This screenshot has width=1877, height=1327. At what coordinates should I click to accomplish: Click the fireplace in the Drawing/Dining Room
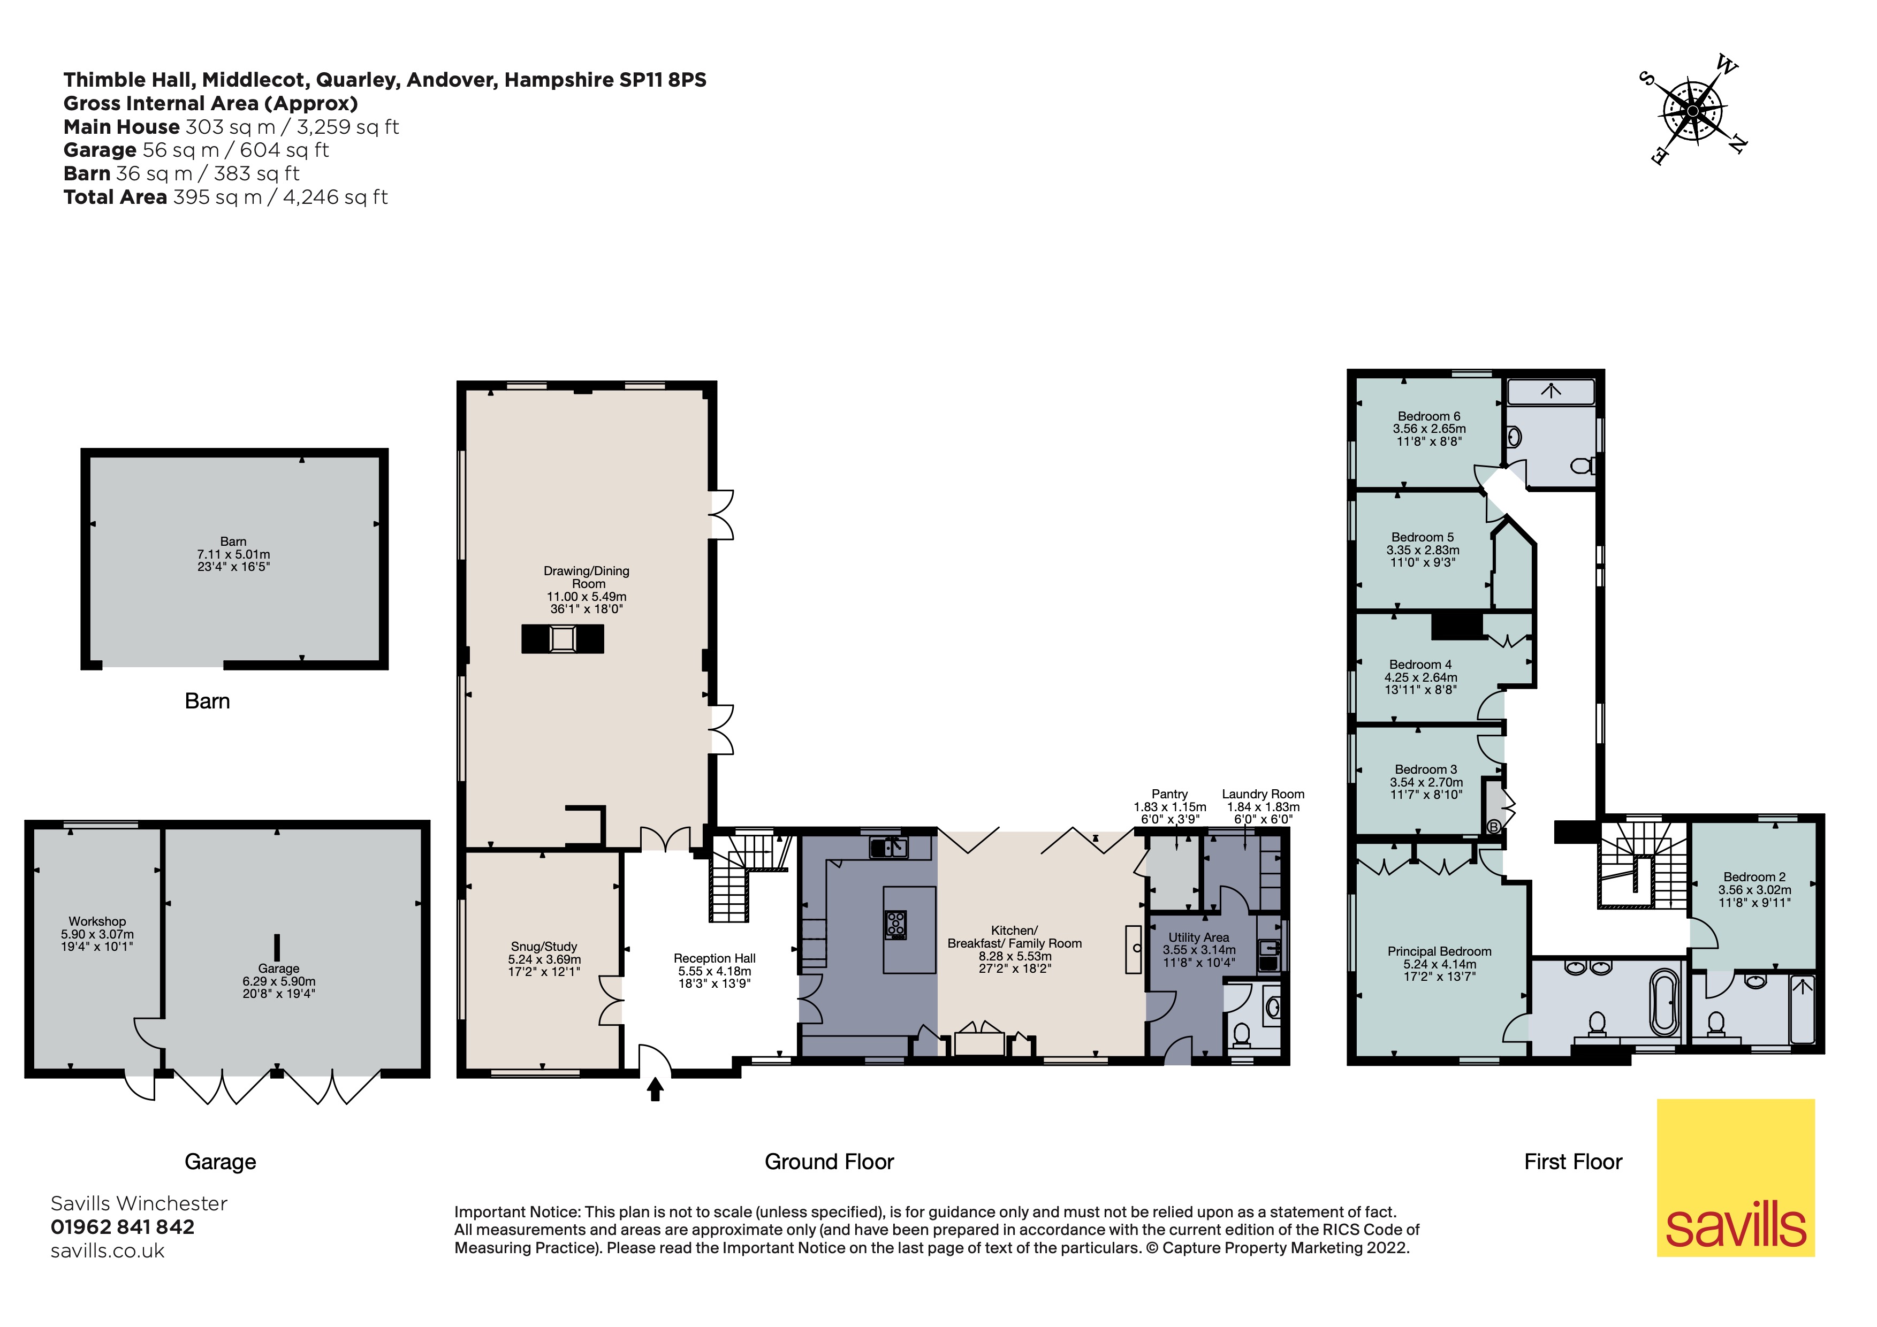pyautogui.click(x=563, y=638)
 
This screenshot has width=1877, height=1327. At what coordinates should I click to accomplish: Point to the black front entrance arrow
pyautogui.click(x=655, y=1089)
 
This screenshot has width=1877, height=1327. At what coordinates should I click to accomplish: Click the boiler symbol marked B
pyautogui.click(x=1494, y=827)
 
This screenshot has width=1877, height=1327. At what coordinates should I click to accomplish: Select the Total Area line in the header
pyautogui.click(x=226, y=197)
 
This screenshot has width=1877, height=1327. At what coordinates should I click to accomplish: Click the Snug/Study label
pyautogui.click(x=544, y=946)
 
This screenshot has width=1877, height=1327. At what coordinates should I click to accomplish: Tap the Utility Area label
pyautogui.click(x=1198, y=937)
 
